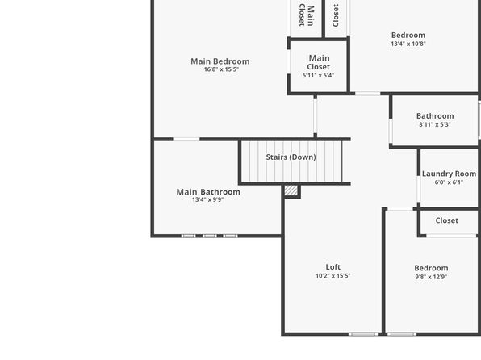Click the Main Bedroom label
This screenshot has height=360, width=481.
point(220,61)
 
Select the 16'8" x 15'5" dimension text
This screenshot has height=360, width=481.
point(221,69)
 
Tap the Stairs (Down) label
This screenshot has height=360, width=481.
point(291,157)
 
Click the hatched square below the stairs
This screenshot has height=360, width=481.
point(291,190)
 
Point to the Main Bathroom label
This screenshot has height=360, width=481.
point(208,192)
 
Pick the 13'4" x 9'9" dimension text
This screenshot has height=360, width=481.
point(207,200)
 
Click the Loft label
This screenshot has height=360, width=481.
point(333,267)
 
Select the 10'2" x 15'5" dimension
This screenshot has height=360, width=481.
point(333,276)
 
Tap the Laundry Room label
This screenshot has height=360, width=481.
point(449,174)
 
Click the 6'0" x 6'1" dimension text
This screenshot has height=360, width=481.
point(449,182)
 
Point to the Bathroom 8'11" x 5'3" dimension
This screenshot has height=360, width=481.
point(435,124)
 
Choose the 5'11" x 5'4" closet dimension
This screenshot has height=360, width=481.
point(318,76)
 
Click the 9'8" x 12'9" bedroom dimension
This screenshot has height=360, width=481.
point(431,277)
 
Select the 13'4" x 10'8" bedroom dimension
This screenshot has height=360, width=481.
point(408,44)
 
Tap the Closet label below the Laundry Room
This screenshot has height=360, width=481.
point(446,220)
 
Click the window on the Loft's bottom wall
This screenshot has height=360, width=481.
point(363,334)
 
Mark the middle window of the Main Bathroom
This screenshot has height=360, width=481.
point(210,236)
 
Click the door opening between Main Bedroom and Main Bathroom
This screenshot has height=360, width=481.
point(186,140)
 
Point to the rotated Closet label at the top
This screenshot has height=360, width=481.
point(336,15)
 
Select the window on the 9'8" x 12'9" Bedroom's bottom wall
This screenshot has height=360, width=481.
point(402,334)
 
